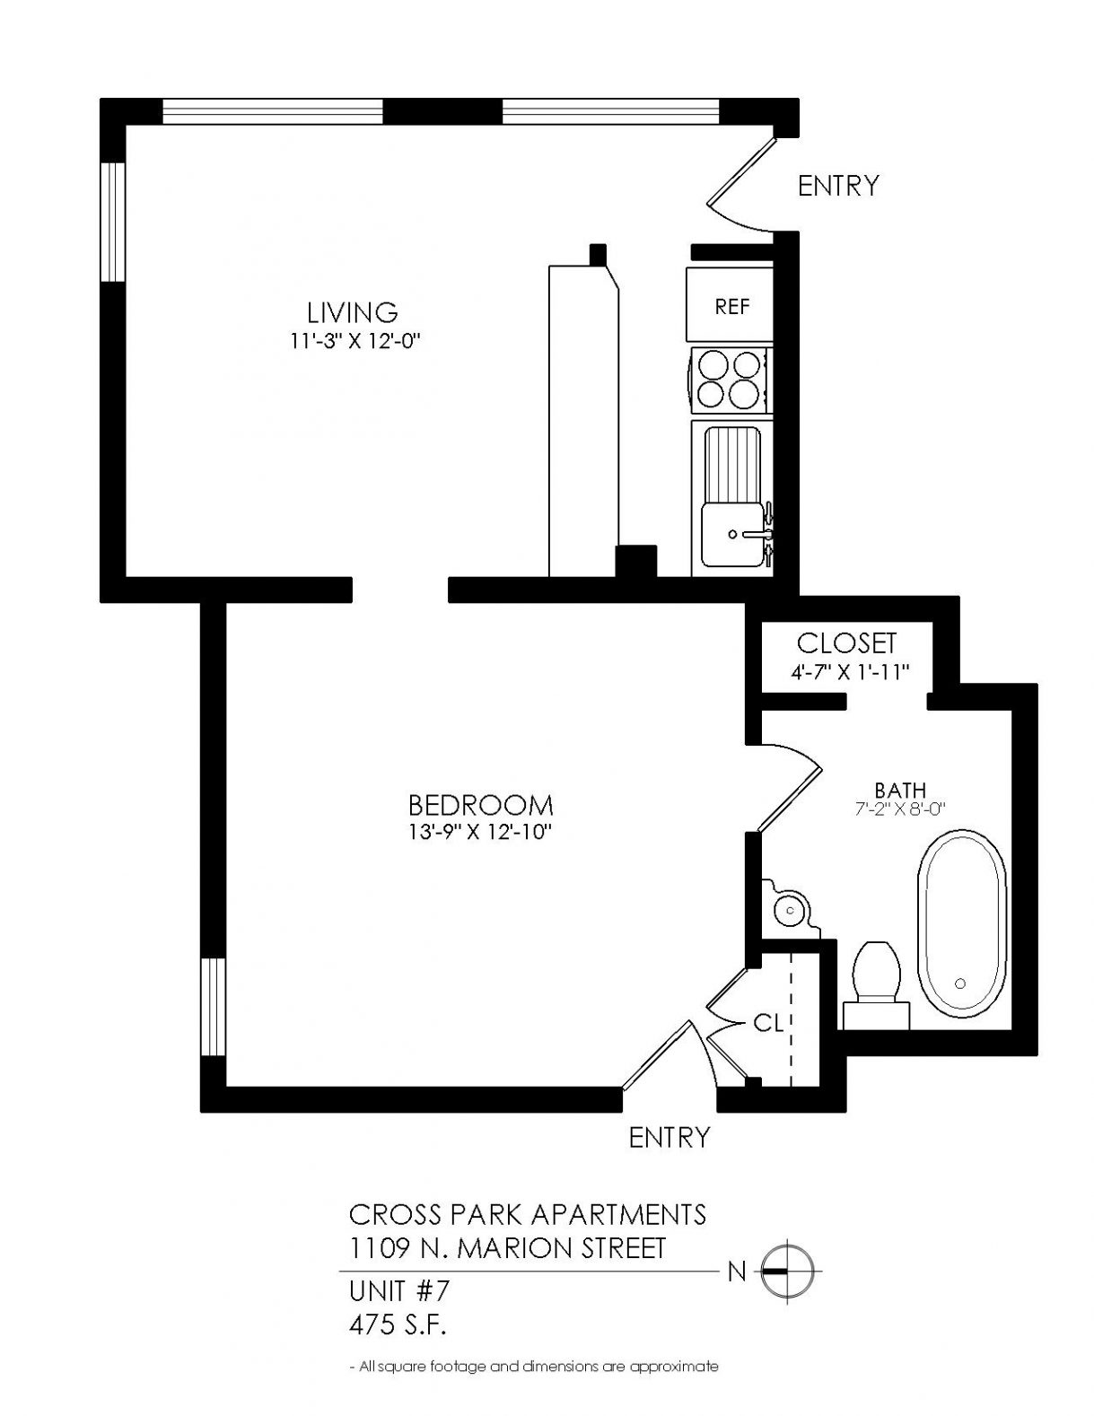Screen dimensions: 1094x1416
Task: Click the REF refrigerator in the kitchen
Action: click(x=729, y=303)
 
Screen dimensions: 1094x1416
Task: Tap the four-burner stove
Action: click(x=729, y=379)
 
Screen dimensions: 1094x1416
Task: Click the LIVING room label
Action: click(x=353, y=313)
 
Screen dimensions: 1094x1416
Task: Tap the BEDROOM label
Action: click(x=480, y=806)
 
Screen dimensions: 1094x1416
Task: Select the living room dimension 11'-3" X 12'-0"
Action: click(x=353, y=342)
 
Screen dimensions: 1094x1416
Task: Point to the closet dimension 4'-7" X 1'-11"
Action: click(x=850, y=672)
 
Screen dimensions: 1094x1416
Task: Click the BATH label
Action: click(x=900, y=790)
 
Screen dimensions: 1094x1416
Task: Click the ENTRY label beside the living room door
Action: click(x=838, y=186)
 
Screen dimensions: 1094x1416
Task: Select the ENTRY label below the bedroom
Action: click(x=669, y=1138)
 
